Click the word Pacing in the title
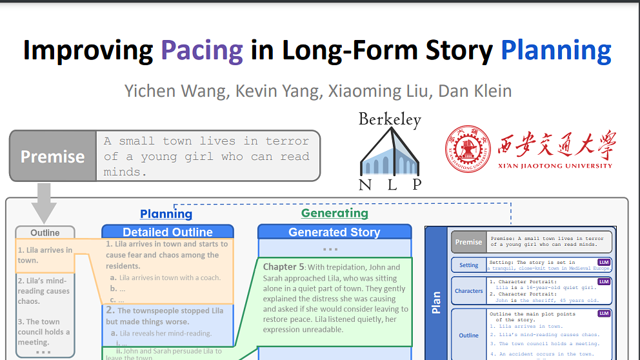tap(202, 50)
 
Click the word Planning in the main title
tap(556, 50)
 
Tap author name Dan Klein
tap(475, 91)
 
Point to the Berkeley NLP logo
tap(390, 152)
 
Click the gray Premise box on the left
tap(53, 157)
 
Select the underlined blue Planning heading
tap(166, 214)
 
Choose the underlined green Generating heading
tap(335, 213)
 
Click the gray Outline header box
tap(45, 232)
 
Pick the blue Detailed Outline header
tap(168, 232)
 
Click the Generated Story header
tap(334, 232)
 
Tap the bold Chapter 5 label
tap(283, 267)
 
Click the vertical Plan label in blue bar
tap(436, 302)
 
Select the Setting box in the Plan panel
tap(468, 265)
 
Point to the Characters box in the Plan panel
tap(468, 291)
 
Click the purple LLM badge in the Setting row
tap(603, 262)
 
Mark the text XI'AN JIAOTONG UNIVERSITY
tap(554, 166)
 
